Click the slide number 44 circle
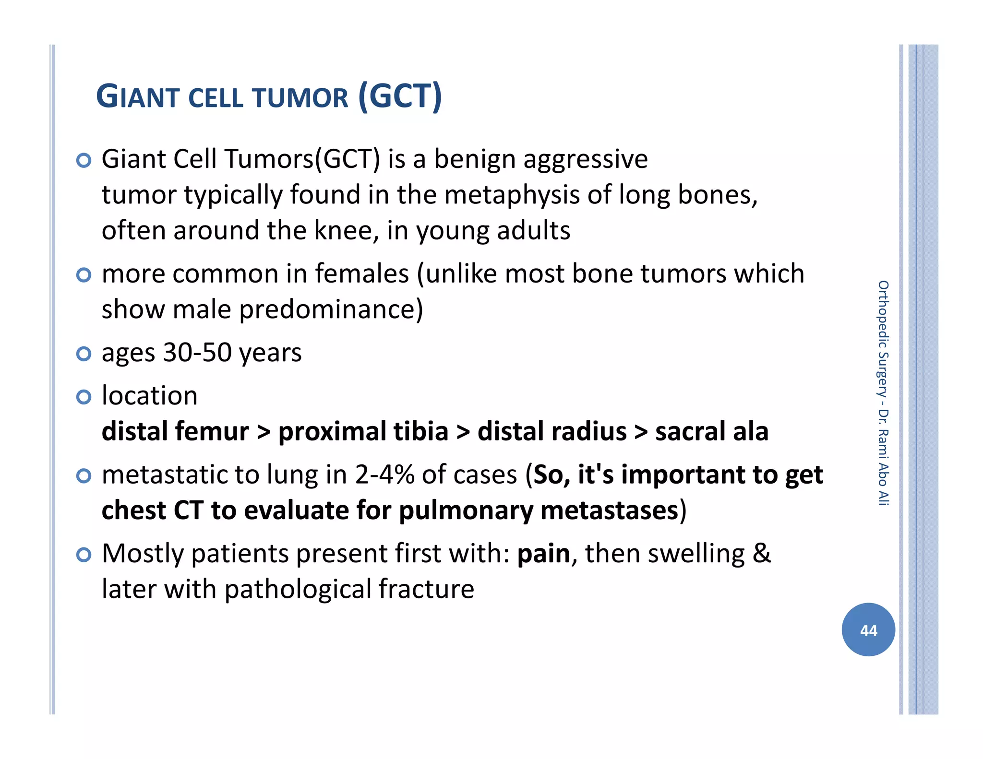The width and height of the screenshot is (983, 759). (868, 629)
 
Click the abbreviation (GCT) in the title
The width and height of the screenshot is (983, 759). (400, 96)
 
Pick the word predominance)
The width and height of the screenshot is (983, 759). (331, 309)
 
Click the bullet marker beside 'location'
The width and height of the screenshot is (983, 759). (84, 397)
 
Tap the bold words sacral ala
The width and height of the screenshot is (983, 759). (711, 431)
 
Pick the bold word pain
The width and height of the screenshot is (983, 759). (543, 554)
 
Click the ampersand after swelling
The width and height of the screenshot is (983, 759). (761, 554)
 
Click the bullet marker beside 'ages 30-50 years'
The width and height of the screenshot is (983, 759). (84, 354)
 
